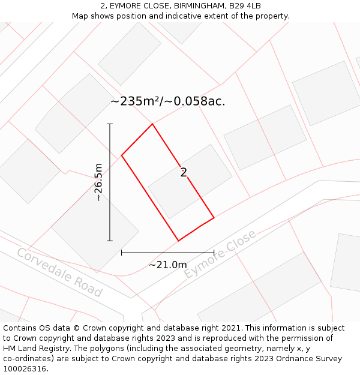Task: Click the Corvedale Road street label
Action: click(x=59, y=273)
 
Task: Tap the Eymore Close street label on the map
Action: click(x=220, y=254)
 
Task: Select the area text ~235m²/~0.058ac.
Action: click(x=168, y=101)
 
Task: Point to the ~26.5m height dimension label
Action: click(x=99, y=182)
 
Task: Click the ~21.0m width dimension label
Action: click(x=168, y=265)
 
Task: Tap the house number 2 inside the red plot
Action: click(x=184, y=173)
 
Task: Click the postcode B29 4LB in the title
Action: click(x=245, y=6)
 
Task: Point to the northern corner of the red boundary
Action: click(x=152, y=124)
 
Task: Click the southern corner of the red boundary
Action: click(x=178, y=241)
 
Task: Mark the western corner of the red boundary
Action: click(x=122, y=155)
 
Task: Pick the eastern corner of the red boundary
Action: click(x=214, y=218)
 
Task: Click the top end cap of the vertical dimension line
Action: click(x=110, y=124)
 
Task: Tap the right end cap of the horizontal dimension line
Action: click(x=214, y=253)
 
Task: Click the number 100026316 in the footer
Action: click(x=25, y=369)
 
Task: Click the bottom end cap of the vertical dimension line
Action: click(x=110, y=241)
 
